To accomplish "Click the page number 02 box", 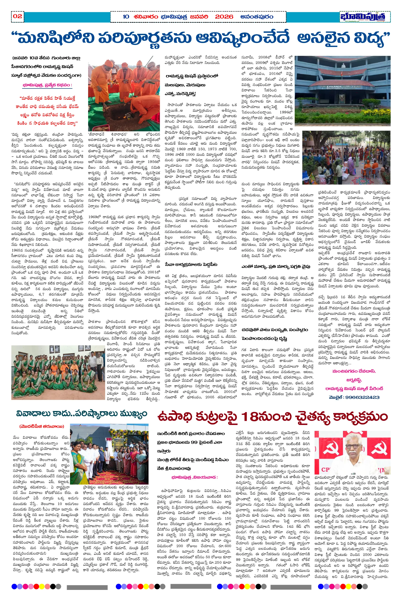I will click(17, 16).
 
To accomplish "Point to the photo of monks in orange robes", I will click(124, 93).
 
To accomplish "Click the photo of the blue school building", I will click(342, 91).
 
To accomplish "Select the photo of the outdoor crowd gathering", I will click(346, 158).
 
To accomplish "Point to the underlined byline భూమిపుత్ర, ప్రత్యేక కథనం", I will click(47, 85).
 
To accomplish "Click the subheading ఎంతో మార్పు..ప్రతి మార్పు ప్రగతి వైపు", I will click(276, 267).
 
